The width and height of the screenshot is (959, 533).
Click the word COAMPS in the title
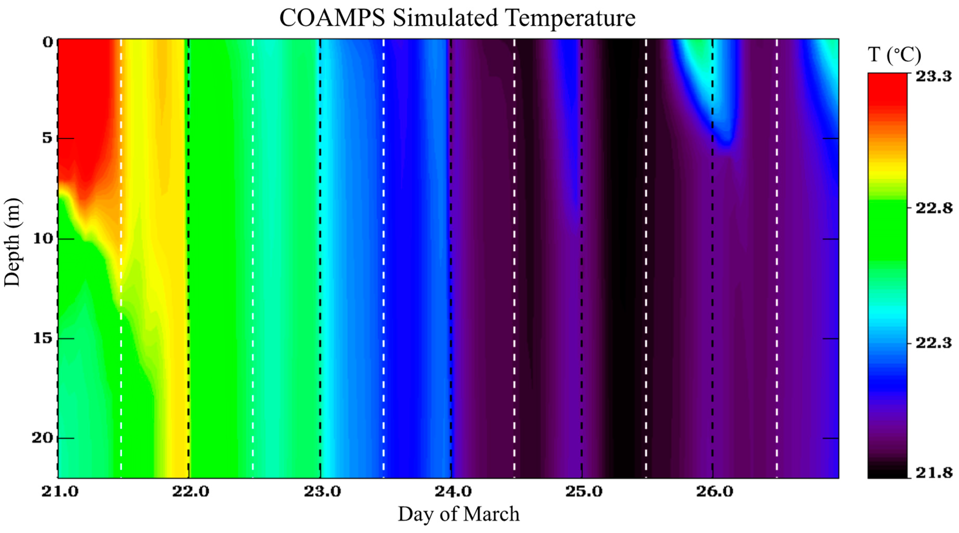point(332,18)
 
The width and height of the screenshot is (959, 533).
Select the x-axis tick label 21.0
point(60,492)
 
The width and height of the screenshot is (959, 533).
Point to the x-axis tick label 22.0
point(191,492)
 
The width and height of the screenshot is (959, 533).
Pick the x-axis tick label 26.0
point(715,492)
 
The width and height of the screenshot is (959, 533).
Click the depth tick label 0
point(48,42)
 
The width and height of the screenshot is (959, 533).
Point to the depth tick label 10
point(43,238)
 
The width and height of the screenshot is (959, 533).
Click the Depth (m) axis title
point(13,243)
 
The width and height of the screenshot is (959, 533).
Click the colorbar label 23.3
point(933,76)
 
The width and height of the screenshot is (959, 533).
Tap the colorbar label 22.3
point(933,343)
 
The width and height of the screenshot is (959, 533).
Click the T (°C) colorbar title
point(894,55)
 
